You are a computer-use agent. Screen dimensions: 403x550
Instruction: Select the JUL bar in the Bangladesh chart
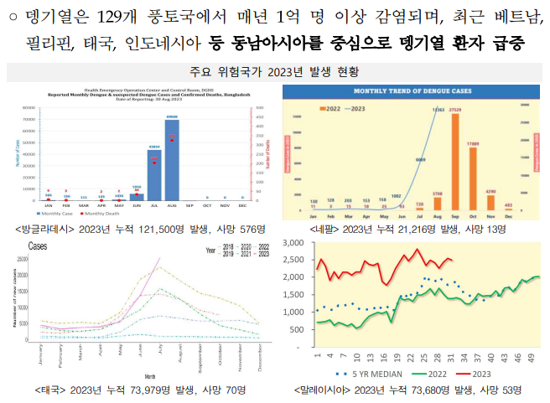155,173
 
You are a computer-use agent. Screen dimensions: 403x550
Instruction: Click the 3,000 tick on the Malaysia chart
293,243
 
